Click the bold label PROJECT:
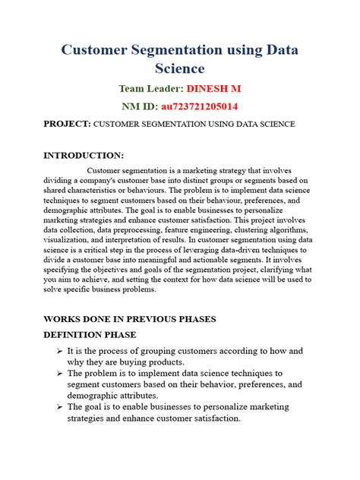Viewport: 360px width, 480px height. point(68,123)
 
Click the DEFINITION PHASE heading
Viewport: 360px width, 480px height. point(90,334)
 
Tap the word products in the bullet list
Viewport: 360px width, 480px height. point(162,362)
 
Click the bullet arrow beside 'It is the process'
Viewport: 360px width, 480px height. point(59,352)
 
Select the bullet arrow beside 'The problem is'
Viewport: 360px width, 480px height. point(59,374)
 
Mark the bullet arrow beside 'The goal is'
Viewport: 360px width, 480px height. point(59,407)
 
